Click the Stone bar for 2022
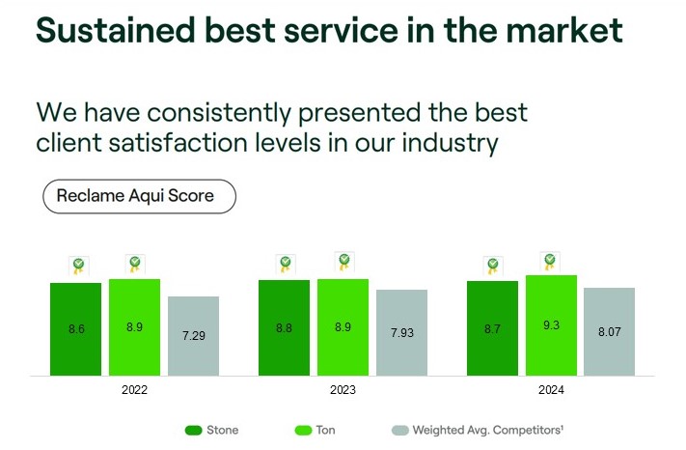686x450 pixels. coord(76,328)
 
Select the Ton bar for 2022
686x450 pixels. coord(134,326)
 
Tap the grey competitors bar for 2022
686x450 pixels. coord(193,335)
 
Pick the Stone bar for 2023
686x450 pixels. coord(284,327)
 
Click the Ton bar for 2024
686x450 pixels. coord(551,325)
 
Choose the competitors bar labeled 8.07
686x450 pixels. coord(609,331)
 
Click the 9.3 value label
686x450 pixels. coord(551,326)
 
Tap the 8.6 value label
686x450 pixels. coord(76,329)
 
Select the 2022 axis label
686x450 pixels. coord(135,390)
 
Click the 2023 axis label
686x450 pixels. coord(343,390)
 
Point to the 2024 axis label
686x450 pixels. coord(551,390)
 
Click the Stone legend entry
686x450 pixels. coord(211,430)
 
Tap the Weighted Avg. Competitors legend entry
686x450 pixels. coord(472,430)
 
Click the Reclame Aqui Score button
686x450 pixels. coord(139,195)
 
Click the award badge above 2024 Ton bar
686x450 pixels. coord(550,262)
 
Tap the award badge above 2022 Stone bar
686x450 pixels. coord(77,266)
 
